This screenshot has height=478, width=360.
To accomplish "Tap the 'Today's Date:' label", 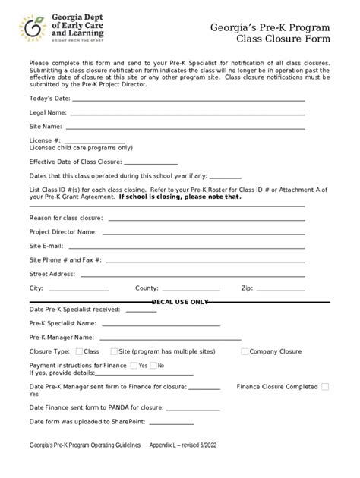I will click(x=49, y=99).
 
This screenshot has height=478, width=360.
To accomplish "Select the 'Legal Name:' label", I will click(x=48, y=112).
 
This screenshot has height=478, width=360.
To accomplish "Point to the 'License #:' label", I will click(x=45, y=140).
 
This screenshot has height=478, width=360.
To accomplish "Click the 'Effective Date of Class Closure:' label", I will click(x=75, y=162).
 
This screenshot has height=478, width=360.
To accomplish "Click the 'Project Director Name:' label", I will click(x=63, y=231).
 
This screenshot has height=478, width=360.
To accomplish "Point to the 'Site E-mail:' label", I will click(x=47, y=246).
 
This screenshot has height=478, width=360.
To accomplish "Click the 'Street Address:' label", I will click(x=52, y=274).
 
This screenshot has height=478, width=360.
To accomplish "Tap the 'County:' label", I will click(x=147, y=288).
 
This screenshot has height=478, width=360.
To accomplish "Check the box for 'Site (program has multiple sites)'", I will click(x=114, y=351).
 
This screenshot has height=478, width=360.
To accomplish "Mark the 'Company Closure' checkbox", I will click(x=245, y=351).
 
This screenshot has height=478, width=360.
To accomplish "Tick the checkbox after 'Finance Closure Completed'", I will click(x=325, y=386).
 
